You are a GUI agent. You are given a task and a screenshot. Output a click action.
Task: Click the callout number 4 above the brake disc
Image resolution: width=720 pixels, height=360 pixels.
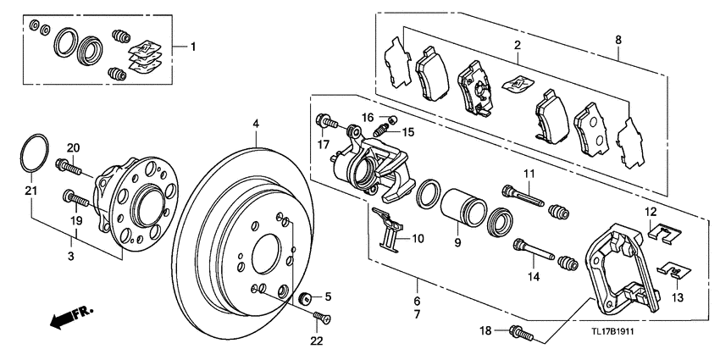click(255, 124)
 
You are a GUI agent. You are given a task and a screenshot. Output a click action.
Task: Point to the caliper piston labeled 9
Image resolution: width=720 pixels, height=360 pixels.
click(460, 207)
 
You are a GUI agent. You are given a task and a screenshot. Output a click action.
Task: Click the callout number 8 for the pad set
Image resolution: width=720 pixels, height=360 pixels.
click(618, 40)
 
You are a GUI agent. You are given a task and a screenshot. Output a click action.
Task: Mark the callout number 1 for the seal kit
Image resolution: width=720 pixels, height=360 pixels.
click(192, 46)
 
